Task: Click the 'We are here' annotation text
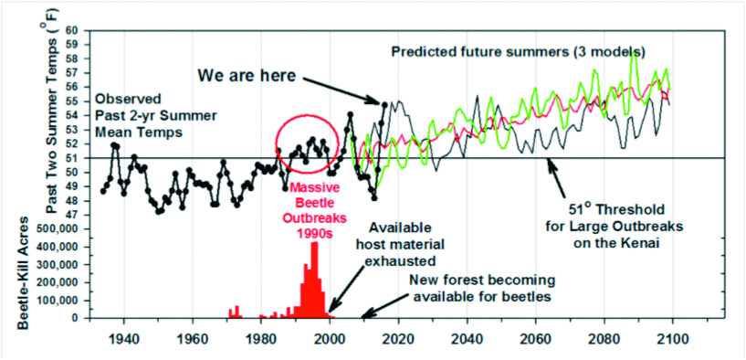tap(247, 75)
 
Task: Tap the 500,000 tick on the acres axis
tap(63, 229)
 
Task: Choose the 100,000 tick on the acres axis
tap(63, 300)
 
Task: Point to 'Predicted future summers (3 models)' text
tap(518, 51)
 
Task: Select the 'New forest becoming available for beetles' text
tap(482, 288)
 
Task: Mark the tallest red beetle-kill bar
tap(314, 280)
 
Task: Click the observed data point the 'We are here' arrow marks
tap(384, 104)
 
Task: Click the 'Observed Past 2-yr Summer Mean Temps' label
tap(140, 115)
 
